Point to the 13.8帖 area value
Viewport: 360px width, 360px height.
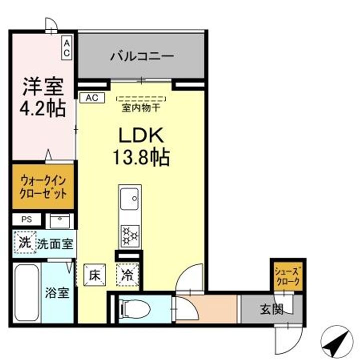pyautogui.click(x=141, y=157)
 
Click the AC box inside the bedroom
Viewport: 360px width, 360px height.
pyautogui.click(x=67, y=48)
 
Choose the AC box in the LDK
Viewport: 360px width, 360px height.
pyautogui.click(x=92, y=97)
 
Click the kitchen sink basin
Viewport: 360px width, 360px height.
pyautogui.click(x=130, y=197)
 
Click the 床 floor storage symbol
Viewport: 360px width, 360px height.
pyautogui.click(x=95, y=274)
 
